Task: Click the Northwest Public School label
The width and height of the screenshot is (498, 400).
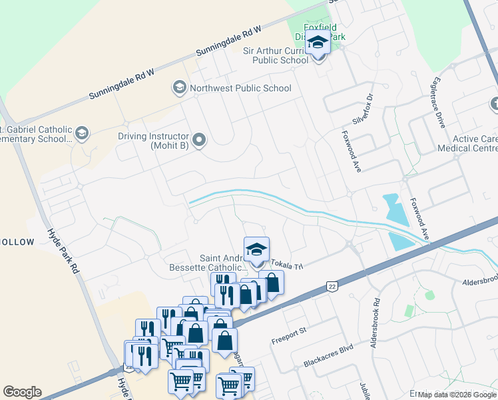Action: (x=240, y=88)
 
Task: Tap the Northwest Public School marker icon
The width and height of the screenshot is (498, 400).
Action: (x=179, y=88)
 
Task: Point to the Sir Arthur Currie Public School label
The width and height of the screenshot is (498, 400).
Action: (x=276, y=55)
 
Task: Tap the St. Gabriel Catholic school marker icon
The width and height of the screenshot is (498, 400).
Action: (x=82, y=133)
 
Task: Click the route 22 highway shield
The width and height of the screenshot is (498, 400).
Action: (x=331, y=286)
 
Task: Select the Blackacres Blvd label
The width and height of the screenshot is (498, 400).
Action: (x=327, y=361)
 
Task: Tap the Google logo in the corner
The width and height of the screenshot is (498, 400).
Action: (x=22, y=392)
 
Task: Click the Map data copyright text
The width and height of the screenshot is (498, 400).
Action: (x=457, y=395)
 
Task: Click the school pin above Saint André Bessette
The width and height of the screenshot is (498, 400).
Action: (x=256, y=250)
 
